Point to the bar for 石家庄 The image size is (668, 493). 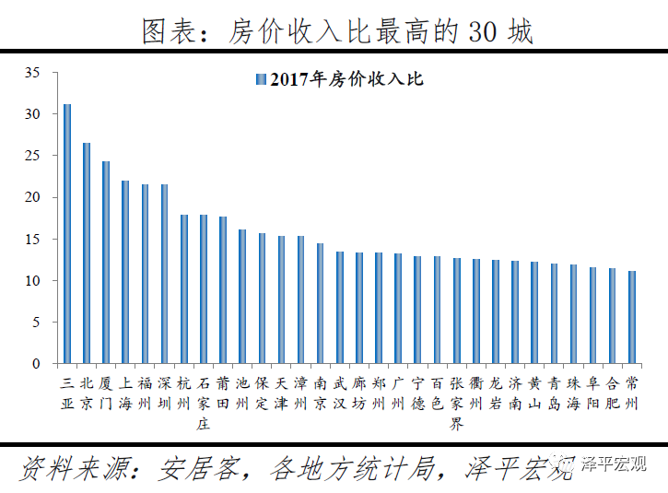[x=204, y=289]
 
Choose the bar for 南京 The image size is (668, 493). [x=321, y=303]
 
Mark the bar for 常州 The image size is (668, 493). [x=632, y=317]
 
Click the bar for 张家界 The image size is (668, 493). [x=457, y=311]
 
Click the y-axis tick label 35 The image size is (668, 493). [x=33, y=73]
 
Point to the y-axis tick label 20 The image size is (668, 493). [x=33, y=197]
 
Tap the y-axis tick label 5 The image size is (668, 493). [x=37, y=323]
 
